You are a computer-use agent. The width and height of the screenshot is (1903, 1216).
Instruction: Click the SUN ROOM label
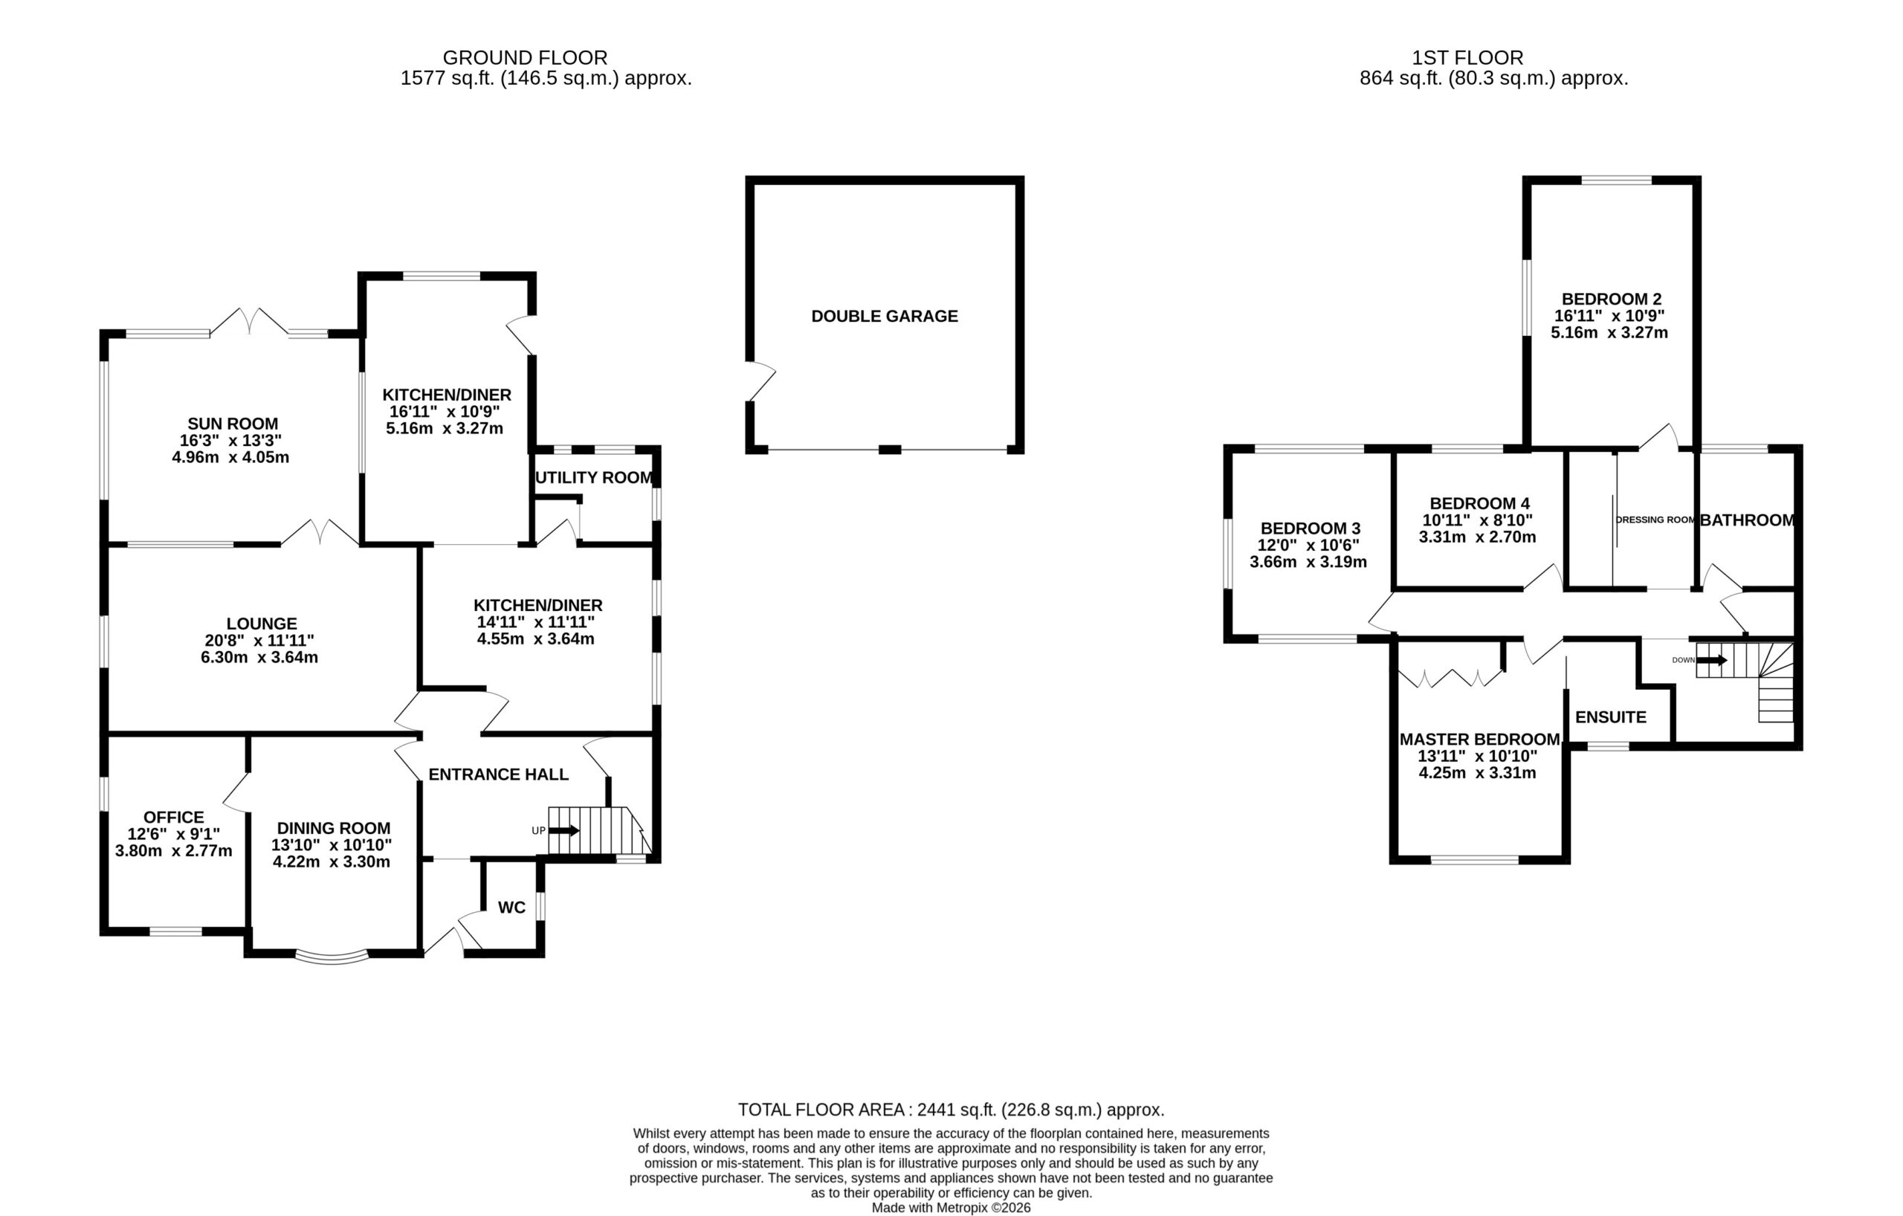tap(233, 424)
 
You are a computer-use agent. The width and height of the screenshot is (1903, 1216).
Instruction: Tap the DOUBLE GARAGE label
tap(885, 316)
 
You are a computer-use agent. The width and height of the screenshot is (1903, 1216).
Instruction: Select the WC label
tap(511, 907)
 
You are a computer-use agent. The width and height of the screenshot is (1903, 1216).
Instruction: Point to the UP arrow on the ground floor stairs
tap(563, 830)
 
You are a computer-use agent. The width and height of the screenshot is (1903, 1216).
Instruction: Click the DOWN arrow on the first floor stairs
tap(1712, 660)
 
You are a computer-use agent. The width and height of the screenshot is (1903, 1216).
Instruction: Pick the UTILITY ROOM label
tap(594, 478)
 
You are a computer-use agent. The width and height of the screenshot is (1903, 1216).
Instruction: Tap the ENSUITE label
tap(1611, 717)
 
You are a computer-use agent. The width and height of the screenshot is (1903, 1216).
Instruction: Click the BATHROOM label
tap(1747, 520)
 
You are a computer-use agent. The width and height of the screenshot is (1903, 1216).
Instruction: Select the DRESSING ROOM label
tap(1655, 520)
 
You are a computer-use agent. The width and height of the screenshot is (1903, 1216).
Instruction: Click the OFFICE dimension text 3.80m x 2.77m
tap(174, 851)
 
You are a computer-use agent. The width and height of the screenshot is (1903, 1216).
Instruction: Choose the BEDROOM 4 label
tap(1479, 503)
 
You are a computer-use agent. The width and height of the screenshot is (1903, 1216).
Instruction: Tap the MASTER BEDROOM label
tap(1479, 740)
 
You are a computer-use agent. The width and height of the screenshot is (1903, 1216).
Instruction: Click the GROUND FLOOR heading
tap(525, 58)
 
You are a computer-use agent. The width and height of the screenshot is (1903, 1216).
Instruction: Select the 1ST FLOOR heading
tap(1467, 58)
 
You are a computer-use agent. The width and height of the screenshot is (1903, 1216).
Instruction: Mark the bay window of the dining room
tap(332, 957)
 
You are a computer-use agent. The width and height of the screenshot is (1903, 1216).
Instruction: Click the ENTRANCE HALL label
tap(499, 774)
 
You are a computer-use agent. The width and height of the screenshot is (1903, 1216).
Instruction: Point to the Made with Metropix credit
tap(951, 1207)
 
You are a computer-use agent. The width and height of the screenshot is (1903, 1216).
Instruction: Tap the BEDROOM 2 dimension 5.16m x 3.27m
tap(1609, 333)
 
